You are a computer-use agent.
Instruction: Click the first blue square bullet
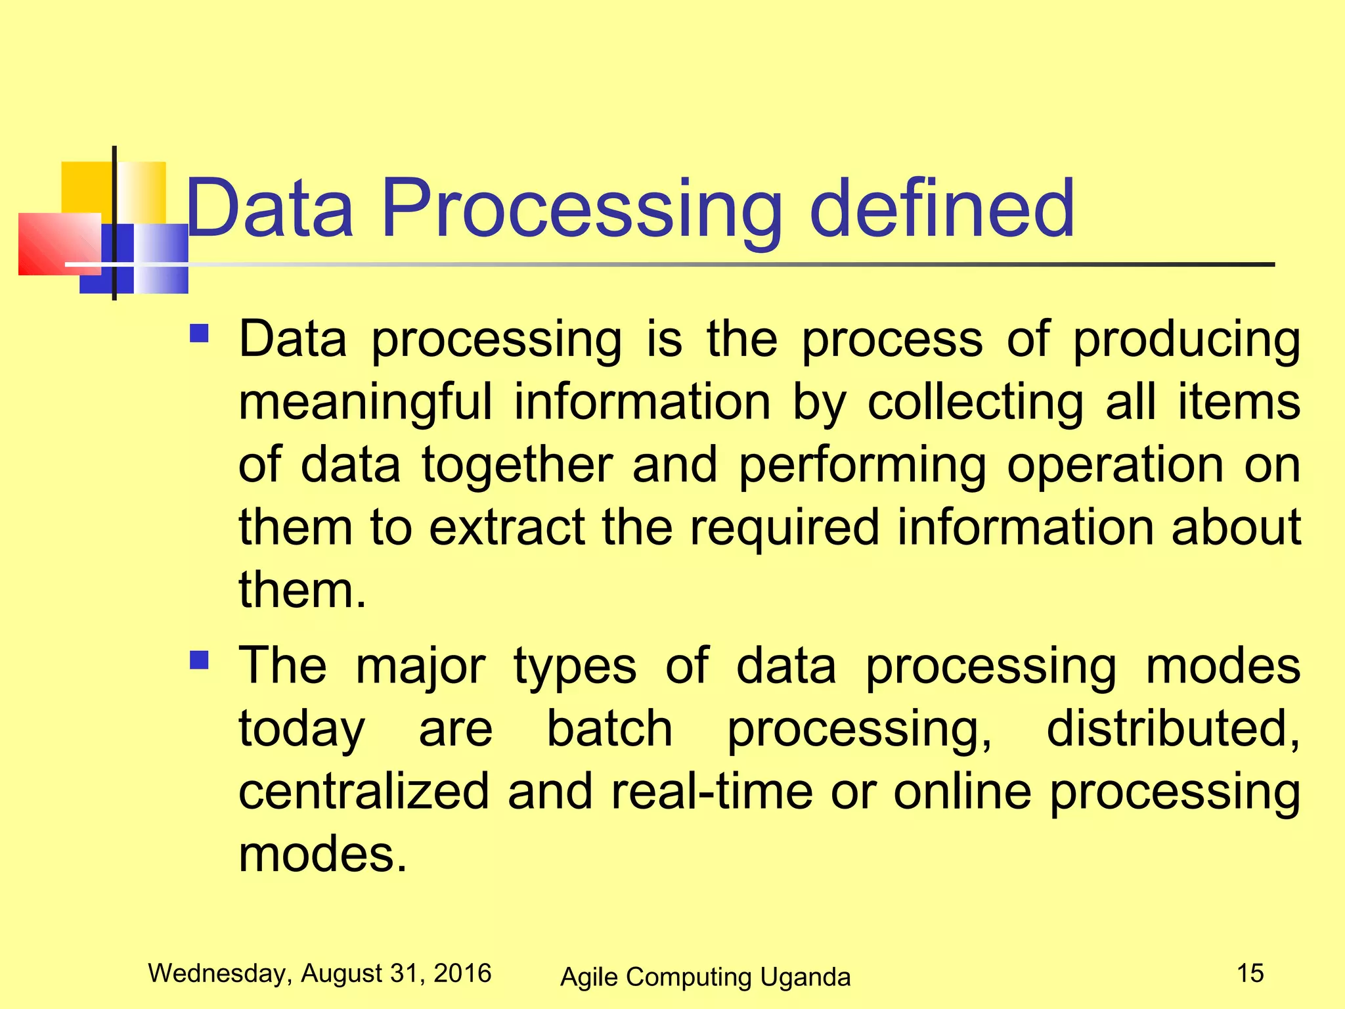(x=199, y=334)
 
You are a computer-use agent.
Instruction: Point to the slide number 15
(x=1250, y=973)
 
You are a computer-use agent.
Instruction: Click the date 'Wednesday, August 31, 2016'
(x=320, y=973)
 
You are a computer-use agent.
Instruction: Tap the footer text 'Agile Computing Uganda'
(x=705, y=977)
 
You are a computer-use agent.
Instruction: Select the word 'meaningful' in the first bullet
(x=364, y=403)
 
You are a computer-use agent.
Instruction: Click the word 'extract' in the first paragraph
(x=506, y=527)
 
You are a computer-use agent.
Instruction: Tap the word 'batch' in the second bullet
(x=609, y=729)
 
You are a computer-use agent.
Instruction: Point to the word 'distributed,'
(x=1173, y=729)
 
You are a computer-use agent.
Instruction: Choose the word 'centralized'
(x=364, y=791)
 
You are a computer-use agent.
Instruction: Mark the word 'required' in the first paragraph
(x=783, y=527)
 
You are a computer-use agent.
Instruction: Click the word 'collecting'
(x=975, y=403)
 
